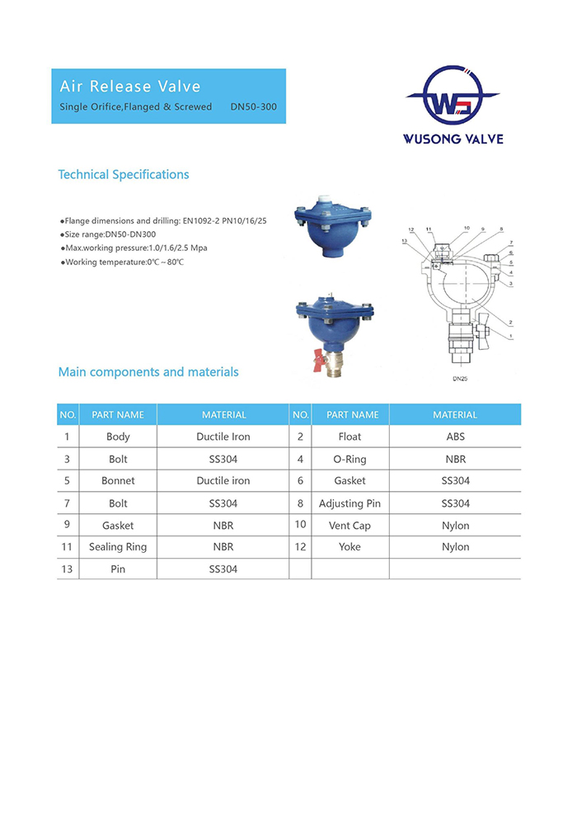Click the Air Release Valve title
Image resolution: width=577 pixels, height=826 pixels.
pos(130,87)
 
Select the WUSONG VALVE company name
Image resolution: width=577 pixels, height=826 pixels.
pos(453,139)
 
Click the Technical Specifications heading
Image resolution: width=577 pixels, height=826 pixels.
pos(124,175)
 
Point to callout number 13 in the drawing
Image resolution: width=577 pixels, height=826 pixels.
pos(404,241)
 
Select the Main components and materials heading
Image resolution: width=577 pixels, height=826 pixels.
pos(148,372)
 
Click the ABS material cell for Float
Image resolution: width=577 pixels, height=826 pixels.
pos(455,437)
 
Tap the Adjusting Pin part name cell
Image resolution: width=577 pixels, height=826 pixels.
pos(349,503)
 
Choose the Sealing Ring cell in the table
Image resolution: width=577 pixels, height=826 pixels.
pos(118,547)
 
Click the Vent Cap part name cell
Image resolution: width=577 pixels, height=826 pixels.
pos(349,526)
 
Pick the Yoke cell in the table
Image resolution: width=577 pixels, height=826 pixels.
pos(349,547)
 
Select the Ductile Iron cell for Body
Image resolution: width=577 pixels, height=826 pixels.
pos(223,437)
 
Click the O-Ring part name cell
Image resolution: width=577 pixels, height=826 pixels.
pos(349,459)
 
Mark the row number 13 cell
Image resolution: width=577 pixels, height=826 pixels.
pos(67,569)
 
